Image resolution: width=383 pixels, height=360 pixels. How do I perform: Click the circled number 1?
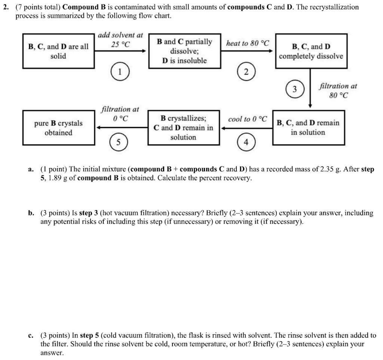pos(120,73)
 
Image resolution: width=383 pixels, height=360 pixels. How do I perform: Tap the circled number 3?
pos(295,89)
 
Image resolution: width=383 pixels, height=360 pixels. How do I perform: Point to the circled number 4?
pos(246,142)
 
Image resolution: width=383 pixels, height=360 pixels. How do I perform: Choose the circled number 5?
pos(119,142)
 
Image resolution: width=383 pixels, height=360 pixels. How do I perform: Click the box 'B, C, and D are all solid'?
pos(58,51)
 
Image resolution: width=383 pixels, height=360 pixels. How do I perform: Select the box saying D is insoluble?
pos(184,51)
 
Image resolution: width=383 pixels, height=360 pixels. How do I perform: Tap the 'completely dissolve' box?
pos(311,51)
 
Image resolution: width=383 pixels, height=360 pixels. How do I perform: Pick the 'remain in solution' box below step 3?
pos(308,127)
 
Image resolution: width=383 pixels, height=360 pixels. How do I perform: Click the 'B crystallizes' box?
pos(183,127)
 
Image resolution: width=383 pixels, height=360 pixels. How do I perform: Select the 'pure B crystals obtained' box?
pos(58,127)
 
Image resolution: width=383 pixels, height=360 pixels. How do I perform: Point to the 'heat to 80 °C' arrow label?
pos(247,43)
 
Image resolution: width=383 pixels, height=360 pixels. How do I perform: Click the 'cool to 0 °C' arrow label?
pos(247,119)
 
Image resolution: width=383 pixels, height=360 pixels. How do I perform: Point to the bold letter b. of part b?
pos(31,213)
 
